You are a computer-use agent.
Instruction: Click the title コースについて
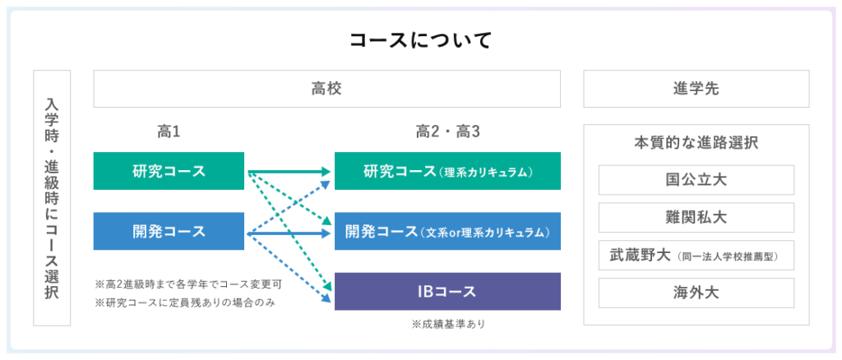pyautogui.click(x=420, y=41)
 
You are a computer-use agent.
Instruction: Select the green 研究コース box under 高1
pyautogui.click(x=169, y=171)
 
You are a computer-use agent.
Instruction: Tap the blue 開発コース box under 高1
pyautogui.click(x=169, y=231)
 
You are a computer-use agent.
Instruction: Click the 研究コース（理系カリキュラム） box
pyautogui.click(x=447, y=171)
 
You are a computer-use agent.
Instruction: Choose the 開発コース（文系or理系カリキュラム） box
pyautogui.click(x=447, y=231)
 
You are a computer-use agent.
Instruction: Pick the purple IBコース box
pyautogui.click(x=447, y=291)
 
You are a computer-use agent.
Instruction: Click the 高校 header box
pyautogui.click(x=327, y=89)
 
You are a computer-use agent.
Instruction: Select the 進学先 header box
pyautogui.click(x=696, y=89)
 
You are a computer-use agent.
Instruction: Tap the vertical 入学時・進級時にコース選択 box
pyautogui.click(x=52, y=198)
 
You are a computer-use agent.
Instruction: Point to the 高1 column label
pyautogui.click(x=168, y=132)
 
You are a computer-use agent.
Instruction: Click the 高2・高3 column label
pyautogui.click(x=447, y=132)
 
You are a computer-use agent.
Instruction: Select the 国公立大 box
pyautogui.click(x=696, y=180)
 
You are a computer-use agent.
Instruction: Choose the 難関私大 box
pyautogui.click(x=696, y=217)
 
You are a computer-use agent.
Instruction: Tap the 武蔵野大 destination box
pyautogui.click(x=696, y=255)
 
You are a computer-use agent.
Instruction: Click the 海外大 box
pyautogui.click(x=696, y=293)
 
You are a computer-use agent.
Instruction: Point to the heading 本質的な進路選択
pyautogui.click(x=696, y=144)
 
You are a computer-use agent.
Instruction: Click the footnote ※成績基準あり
pyautogui.click(x=448, y=324)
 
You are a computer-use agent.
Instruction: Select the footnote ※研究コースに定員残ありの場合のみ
pyautogui.click(x=185, y=303)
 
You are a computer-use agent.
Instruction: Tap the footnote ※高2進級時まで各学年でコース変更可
pyautogui.click(x=188, y=284)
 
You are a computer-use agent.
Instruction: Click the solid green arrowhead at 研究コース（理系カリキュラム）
pyautogui.click(x=324, y=172)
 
